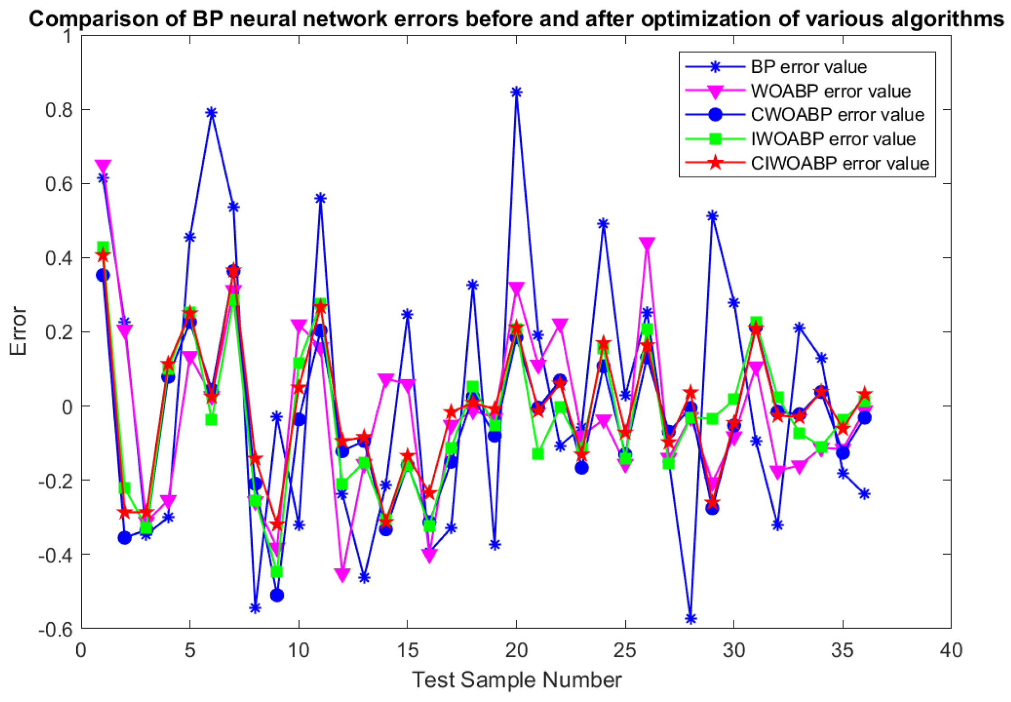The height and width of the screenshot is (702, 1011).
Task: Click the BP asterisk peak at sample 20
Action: pos(516,92)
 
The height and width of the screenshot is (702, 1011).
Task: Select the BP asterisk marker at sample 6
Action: pos(212,112)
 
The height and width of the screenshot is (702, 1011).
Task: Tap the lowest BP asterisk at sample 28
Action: pos(691,618)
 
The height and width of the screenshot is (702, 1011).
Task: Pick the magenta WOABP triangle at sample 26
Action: pos(647,244)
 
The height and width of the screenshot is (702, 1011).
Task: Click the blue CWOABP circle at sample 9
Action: pos(277,595)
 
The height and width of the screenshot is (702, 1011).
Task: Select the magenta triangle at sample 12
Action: pos(342,574)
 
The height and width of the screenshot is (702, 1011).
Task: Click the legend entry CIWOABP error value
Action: pos(839,163)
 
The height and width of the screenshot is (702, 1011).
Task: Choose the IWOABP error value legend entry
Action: pos(833,139)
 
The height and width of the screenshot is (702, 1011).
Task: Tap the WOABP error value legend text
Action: pos(830,91)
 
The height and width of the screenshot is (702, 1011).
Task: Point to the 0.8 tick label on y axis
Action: pos(59,110)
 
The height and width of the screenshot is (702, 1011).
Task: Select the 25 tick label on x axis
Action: pos(625,651)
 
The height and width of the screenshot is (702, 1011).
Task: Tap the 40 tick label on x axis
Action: pos(951,651)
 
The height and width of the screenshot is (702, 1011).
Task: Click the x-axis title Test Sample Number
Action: pos(516,679)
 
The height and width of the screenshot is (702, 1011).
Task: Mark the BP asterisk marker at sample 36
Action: pos(864,493)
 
